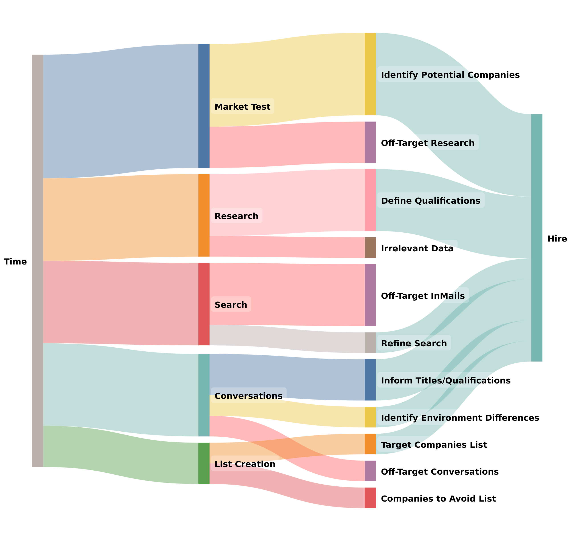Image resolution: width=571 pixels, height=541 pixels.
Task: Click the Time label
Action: (x=15, y=261)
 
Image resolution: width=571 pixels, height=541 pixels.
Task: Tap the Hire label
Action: (x=557, y=238)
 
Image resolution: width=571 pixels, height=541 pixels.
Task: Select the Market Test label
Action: (x=243, y=107)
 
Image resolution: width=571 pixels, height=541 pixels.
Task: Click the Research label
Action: (x=236, y=216)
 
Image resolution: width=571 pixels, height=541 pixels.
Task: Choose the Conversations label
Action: (x=249, y=396)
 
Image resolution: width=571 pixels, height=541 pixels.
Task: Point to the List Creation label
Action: (x=245, y=464)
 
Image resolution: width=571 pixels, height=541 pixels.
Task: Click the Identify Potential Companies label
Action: (x=450, y=74)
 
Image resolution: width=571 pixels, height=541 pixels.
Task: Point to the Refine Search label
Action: (x=414, y=343)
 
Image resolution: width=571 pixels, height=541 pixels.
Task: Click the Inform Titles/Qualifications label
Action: (x=446, y=380)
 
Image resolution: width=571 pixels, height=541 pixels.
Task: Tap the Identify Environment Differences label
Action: (x=460, y=417)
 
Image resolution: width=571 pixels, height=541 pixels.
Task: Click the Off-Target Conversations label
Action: (x=440, y=471)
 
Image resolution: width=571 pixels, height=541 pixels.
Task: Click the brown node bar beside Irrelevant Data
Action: (x=370, y=247)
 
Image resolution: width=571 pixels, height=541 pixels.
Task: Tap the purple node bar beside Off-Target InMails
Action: (x=370, y=295)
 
